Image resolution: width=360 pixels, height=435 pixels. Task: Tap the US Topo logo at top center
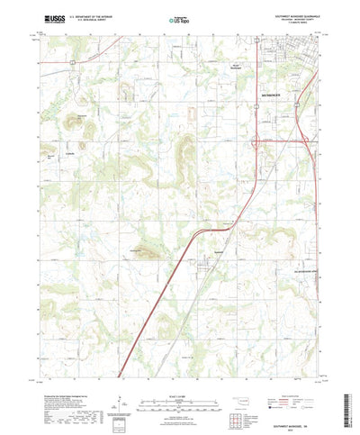[179, 17]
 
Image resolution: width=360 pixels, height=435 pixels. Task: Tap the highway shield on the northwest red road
[74, 62]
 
